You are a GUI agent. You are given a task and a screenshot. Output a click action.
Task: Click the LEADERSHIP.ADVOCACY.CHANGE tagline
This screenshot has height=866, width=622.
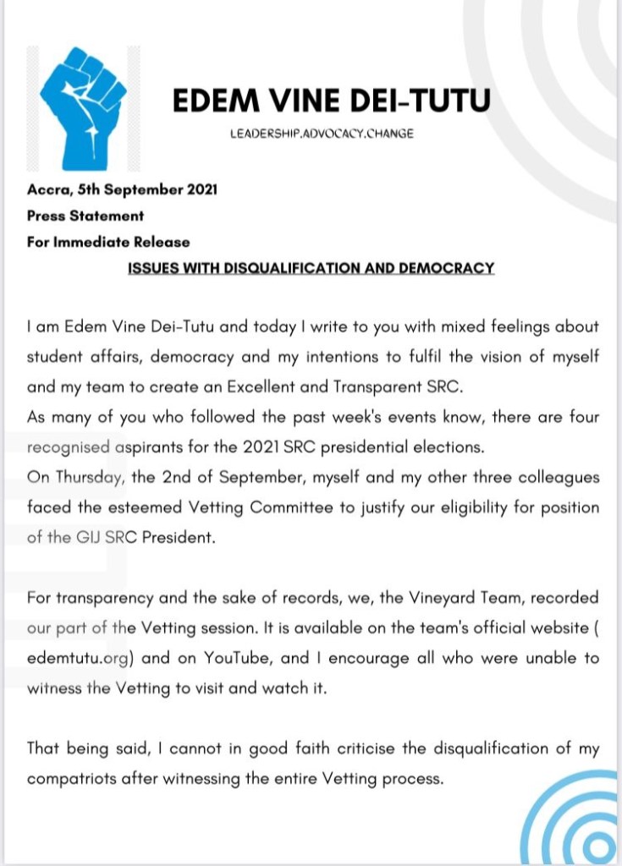click(322, 134)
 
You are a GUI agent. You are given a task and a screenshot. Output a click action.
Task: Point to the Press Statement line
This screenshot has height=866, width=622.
click(85, 216)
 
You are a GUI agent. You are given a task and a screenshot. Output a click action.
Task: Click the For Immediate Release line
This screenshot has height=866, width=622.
click(108, 242)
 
